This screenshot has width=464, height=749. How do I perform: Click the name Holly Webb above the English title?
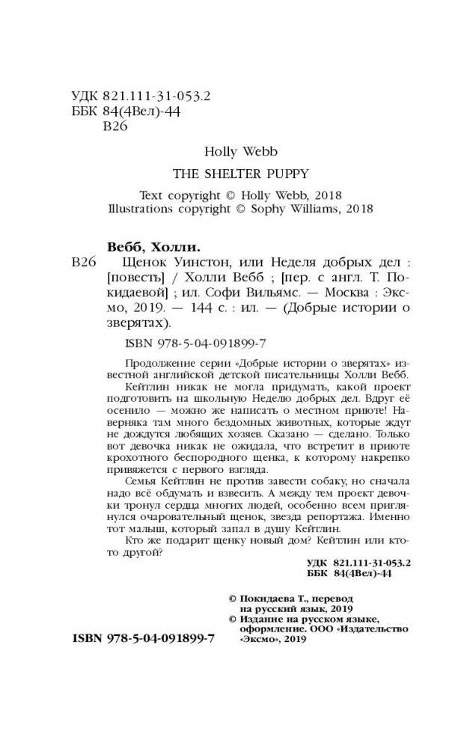coord(232,151)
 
